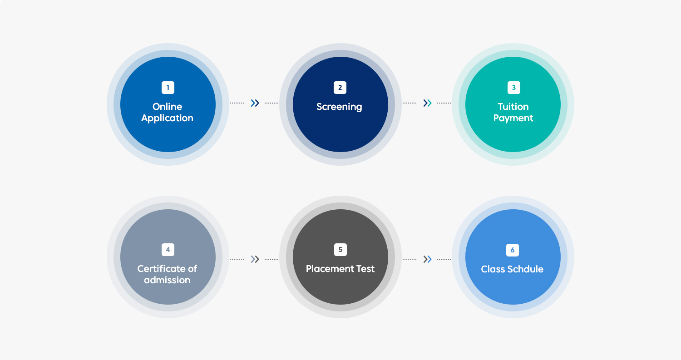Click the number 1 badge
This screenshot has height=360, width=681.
coord(168,88)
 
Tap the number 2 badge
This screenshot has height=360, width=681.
coord(340,88)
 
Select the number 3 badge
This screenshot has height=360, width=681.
coord(514,88)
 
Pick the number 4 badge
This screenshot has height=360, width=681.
coord(168,250)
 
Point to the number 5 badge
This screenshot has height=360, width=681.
coord(340,250)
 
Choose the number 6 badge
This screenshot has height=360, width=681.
coord(513,250)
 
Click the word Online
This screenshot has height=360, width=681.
coord(167,107)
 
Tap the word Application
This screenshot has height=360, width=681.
coord(167,118)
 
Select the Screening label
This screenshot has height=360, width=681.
coord(339,107)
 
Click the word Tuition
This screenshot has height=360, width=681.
coord(513,107)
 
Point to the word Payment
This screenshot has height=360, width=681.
coord(513,118)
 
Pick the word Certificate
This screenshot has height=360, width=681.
coord(160,269)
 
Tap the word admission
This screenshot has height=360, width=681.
coord(167,280)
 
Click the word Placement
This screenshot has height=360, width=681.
coord(328,269)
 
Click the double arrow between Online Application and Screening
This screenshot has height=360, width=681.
coord(255,103)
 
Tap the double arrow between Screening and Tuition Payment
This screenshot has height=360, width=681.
coord(428,103)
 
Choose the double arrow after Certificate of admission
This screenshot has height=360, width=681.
coord(255,259)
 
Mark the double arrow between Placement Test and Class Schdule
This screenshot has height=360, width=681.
coord(428,259)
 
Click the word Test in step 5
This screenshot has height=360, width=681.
coord(364,269)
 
